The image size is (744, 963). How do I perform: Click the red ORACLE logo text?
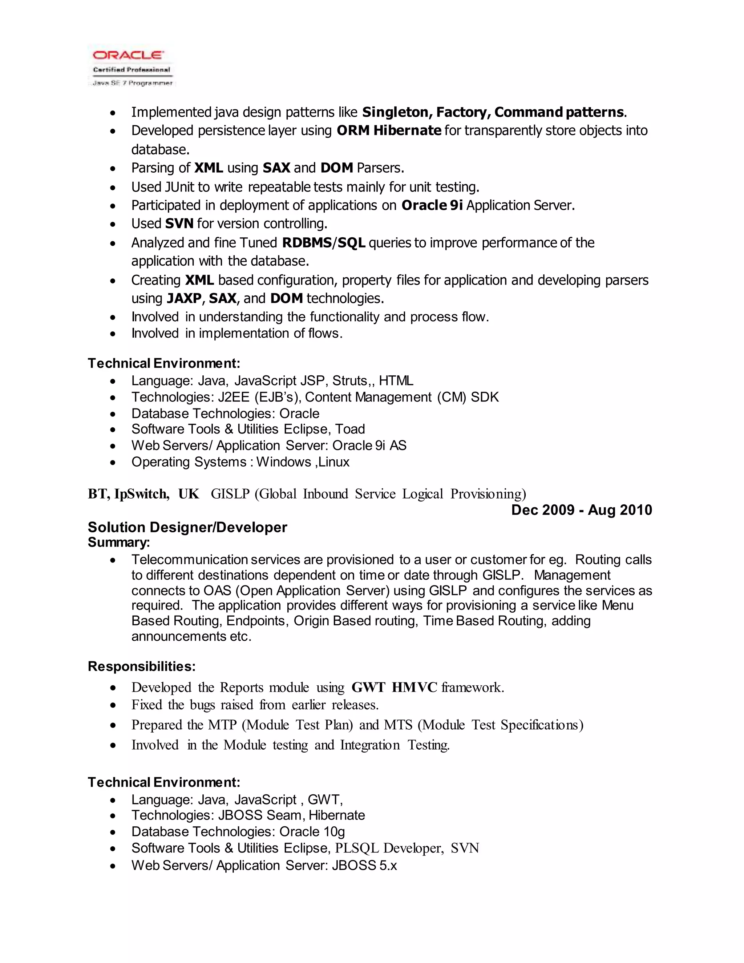tap(128, 55)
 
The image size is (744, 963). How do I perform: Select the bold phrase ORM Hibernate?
tap(389, 131)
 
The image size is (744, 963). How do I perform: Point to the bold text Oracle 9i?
tap(432, 205)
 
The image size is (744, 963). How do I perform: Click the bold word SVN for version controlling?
tap(179, 224)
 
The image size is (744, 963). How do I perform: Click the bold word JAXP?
tap(184, 298)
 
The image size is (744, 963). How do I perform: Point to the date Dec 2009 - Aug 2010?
tap(581, 510)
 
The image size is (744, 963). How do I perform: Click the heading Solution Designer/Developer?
tap(187, 527)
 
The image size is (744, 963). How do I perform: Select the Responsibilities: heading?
tap(141, 666)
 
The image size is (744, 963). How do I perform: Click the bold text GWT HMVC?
tap(394, 688)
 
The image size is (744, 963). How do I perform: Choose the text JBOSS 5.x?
tap(364, 866)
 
